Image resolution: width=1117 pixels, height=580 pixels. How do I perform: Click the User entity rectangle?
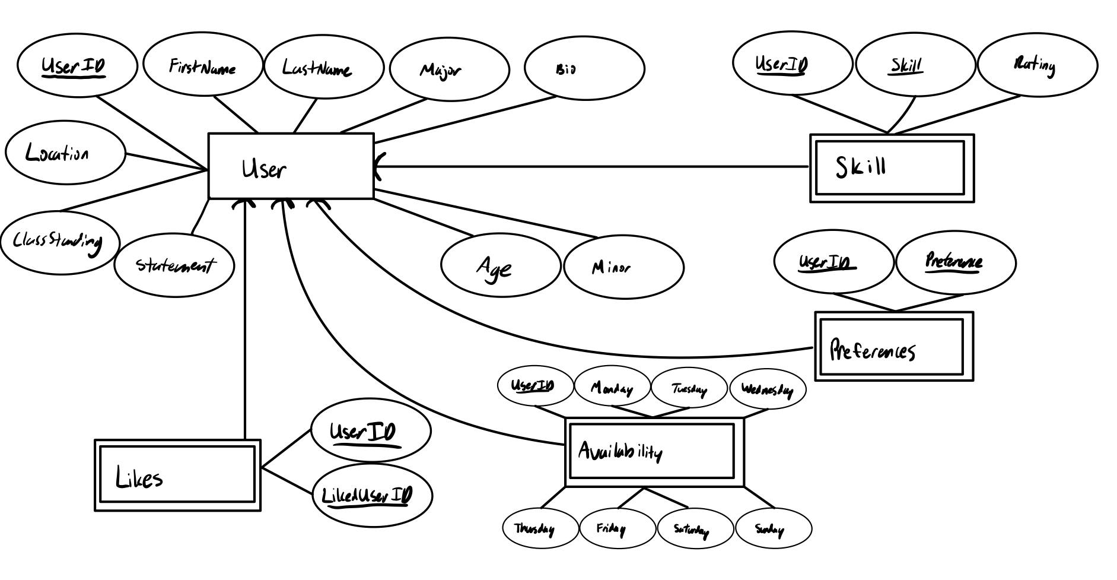(291, 166)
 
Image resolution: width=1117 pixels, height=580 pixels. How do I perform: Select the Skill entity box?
(892, 168)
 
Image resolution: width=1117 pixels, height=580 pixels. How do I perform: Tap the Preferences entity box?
(894, 346)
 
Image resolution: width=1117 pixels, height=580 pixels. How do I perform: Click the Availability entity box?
(654, 452)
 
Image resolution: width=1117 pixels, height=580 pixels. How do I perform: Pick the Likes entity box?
(177, 476)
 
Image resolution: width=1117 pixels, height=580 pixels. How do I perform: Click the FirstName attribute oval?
(203, 65)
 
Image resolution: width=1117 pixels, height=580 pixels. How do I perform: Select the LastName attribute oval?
(323, 67)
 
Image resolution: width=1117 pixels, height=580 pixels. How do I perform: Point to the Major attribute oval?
(449, 70)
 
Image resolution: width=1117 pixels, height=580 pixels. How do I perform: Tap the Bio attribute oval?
(584, 68)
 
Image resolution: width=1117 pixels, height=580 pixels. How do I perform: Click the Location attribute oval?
(65, 153)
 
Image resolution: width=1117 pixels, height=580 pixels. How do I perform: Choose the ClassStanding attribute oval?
(59, 242)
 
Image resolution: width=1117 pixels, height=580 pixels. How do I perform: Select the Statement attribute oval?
(174, 265)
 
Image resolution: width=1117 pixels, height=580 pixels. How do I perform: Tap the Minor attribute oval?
(623, 267)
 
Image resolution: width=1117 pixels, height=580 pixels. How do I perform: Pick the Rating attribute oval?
(1037, 64)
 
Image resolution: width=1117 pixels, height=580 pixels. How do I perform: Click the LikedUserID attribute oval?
(372, 495)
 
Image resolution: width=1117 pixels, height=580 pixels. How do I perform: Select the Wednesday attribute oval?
(767, 389)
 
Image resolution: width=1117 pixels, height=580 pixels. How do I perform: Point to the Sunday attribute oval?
(773, 528)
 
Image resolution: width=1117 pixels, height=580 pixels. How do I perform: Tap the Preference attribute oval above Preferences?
(955, 262)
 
